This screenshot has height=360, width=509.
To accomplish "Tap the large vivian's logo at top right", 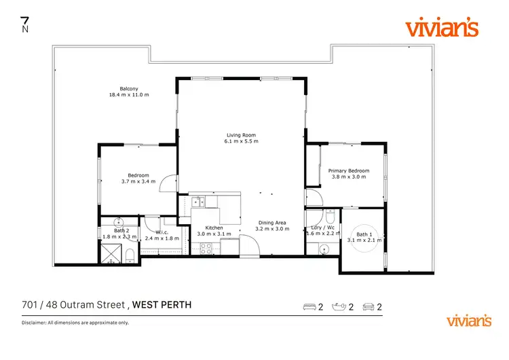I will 441,28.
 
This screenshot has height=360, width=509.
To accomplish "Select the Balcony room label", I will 129,88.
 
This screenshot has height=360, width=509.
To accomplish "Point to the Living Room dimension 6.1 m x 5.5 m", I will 242,141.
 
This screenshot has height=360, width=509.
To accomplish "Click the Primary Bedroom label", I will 349,170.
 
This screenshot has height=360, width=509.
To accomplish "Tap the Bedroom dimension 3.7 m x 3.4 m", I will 138,181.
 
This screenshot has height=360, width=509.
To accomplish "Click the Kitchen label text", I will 214,228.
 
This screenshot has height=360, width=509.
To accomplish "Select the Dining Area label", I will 271,223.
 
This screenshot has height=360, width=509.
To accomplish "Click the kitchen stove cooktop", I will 206,248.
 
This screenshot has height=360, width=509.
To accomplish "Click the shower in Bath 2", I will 109,253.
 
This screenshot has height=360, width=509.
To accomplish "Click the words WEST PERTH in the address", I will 162,305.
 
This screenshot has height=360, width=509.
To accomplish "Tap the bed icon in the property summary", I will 309,307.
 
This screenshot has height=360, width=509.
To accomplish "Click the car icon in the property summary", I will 369,307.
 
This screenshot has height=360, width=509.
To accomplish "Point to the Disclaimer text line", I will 75,323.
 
